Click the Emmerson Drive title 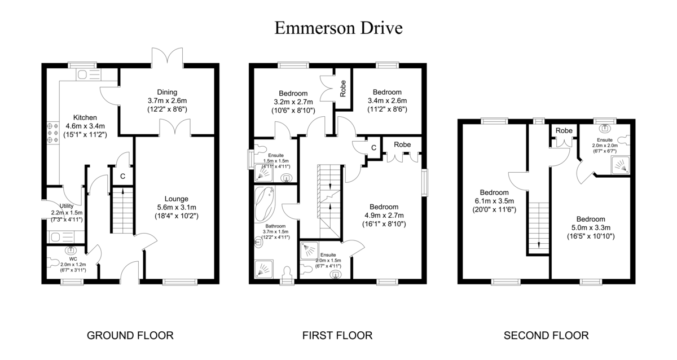[x=338, y=27]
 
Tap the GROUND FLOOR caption [x=130, y=336]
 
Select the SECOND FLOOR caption [x=546, y=336]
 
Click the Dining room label [x=167, y=92]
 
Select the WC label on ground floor [x=72, y=259]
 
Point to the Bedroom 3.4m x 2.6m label [x=386, y=92]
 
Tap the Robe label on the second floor [x=564, y=130]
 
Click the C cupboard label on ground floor [x=122, y=176]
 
